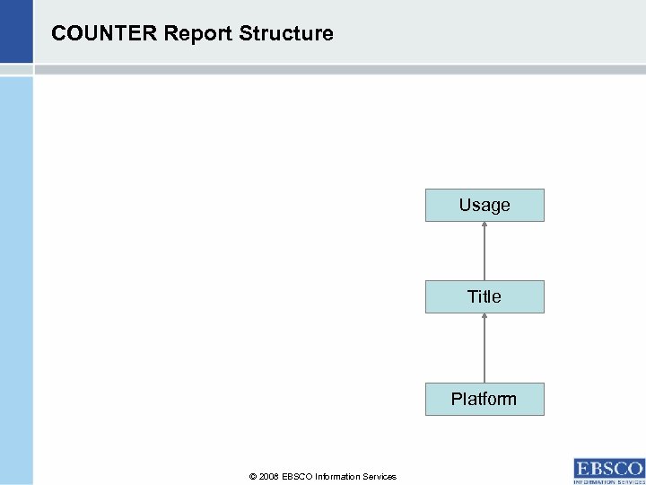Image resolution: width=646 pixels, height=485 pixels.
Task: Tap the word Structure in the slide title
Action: pos(286,34)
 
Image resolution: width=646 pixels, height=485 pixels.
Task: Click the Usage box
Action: pos(484,205)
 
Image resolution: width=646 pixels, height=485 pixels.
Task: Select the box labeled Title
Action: pos(484,296)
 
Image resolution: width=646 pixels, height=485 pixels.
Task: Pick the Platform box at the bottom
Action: pos(484,399)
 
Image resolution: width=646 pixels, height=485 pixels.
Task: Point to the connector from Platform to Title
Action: pos(484,350)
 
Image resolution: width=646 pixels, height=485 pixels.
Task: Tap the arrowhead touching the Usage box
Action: pos(484,225)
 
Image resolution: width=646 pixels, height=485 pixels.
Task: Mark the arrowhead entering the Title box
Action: pos(484,316)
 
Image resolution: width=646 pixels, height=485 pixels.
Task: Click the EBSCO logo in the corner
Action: pos(608,468)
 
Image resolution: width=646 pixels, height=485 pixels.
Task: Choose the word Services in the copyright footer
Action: pos(380,477)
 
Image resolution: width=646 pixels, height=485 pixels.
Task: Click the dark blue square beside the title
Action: pos(16,31)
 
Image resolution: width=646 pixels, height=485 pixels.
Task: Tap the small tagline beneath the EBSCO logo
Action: pos(608,481)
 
